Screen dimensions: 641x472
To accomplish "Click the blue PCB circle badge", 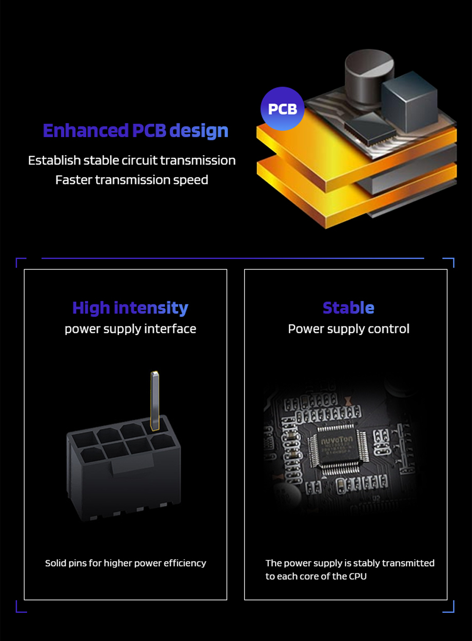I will pos(282,109).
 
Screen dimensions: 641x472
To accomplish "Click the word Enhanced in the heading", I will pos(86,131).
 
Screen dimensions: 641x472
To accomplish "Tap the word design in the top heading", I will pos(199,131).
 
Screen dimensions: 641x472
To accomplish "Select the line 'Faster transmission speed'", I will pos(132,180).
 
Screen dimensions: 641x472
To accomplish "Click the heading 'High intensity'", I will pos(130,308).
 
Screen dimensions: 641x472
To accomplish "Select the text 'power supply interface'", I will pos(130,328).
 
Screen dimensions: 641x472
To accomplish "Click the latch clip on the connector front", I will pos(132,465).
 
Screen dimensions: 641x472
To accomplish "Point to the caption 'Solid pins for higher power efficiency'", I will pos(126,563).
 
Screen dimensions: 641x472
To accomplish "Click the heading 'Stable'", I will pos(348,308).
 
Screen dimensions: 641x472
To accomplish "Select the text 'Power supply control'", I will pos(348,328).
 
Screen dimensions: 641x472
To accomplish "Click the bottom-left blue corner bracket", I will pos(21,607).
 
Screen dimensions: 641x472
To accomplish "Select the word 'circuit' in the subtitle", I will pos(139,160).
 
